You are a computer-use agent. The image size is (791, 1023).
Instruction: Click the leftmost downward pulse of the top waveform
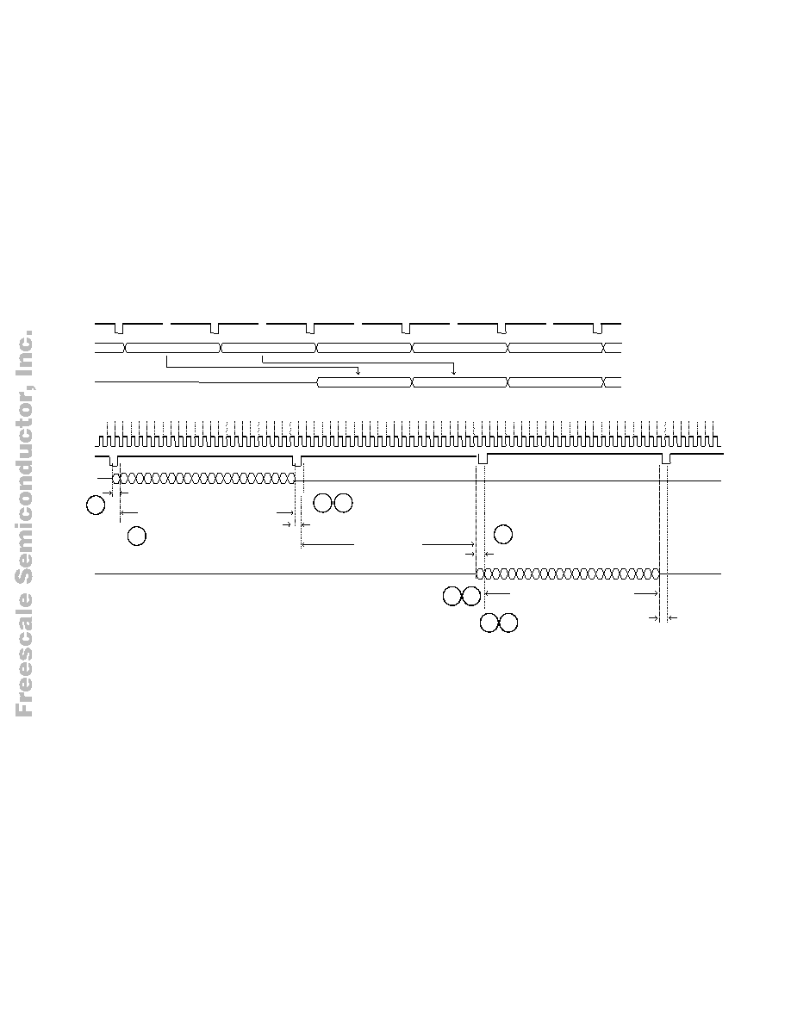point(119,328)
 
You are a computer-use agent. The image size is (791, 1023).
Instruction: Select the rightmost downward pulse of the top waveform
point(597,328)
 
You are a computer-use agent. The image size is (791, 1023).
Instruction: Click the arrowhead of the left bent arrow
point(358,372)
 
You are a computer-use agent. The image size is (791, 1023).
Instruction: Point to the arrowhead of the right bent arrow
point(453,372)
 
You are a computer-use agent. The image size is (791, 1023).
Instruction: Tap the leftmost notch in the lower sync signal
point(114,460)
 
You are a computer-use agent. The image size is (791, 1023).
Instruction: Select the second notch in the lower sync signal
point(297,460)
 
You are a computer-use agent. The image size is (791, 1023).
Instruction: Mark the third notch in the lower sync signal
point(483,459)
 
